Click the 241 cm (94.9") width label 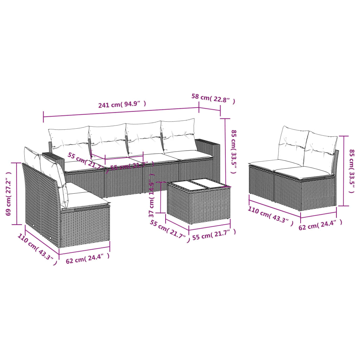pyautogui.click(x=122, y=104)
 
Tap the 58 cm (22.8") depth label pyautogui.click(x=213, y=98)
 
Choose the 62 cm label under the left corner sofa pyautogui.click(x=88, y=258)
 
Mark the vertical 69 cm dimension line pyautogui.click(x=17, y=193)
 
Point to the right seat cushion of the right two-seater pyautogui.click(x=303, y=172)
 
